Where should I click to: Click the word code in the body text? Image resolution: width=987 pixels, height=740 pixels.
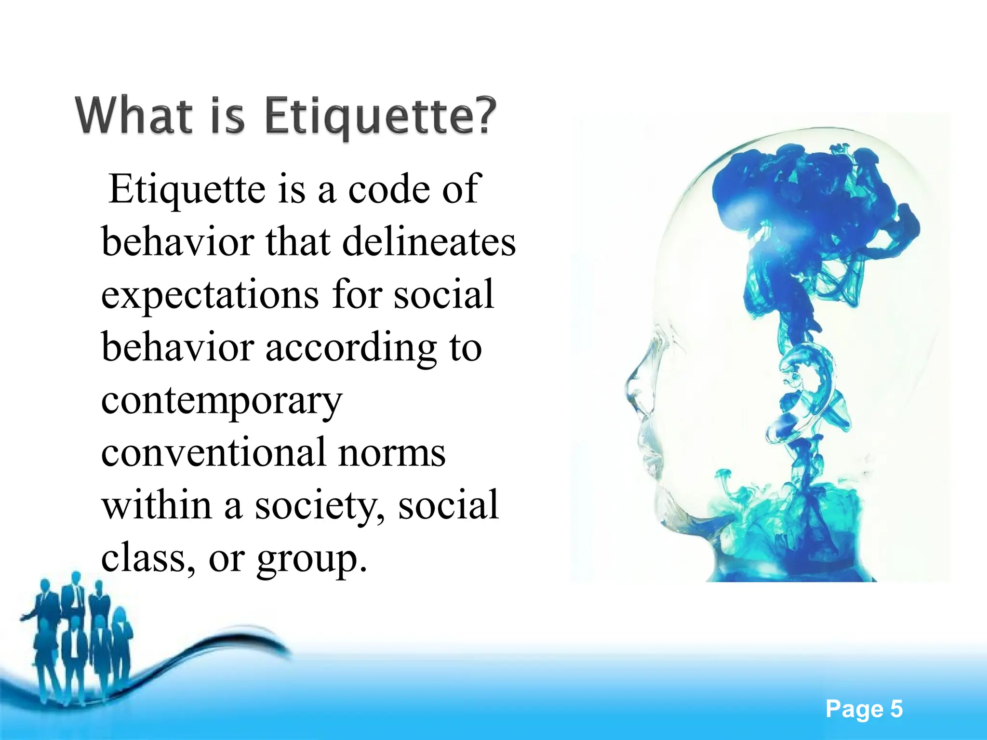389,189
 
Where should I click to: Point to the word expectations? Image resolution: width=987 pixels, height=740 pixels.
210,294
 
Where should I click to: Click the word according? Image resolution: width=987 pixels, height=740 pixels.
351,348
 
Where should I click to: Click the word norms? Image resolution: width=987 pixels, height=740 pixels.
391,453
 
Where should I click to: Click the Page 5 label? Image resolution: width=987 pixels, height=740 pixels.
864,709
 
